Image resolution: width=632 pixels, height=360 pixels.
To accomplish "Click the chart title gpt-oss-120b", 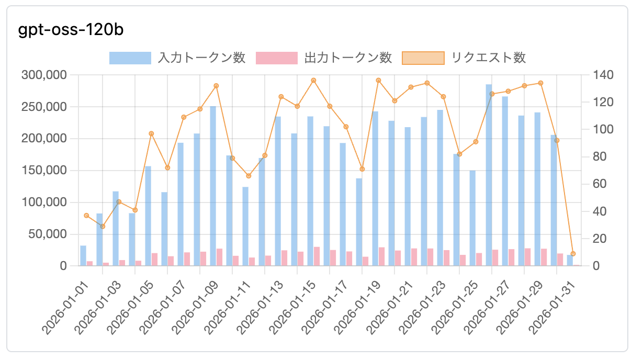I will (71, 30).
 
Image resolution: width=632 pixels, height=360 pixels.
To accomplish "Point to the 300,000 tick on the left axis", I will (44, 75).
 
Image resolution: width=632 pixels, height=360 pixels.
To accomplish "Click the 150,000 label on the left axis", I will (44, 171).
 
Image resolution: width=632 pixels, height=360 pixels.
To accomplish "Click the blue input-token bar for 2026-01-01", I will (83, 255).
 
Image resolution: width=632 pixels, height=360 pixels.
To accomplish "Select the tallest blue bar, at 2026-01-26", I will (489, 175).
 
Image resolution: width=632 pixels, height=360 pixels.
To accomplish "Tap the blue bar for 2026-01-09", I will (213, 186).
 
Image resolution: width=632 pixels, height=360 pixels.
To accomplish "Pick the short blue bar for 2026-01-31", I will (570, 261).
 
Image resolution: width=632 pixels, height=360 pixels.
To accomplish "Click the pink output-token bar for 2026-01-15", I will (317, 256).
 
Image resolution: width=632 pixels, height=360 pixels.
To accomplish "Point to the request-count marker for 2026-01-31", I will (573, 254).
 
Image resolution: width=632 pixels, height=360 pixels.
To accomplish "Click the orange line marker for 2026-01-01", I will (86, 216).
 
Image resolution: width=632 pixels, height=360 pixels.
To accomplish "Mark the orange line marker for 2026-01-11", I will (249, 176).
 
